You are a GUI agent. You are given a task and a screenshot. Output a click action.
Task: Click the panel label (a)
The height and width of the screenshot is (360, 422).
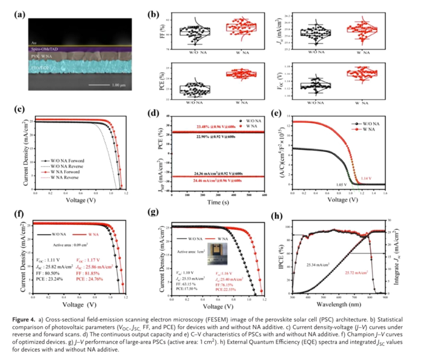[19, 11]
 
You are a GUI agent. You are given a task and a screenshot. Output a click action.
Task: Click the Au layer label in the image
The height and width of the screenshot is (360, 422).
[34, 43]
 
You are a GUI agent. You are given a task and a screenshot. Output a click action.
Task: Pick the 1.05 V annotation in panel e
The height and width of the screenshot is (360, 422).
[341, 183]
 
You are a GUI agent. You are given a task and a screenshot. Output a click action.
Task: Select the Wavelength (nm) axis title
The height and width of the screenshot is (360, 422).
[342, 305]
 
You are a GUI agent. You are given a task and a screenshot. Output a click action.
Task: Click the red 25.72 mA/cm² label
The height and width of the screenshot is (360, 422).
[357, 273]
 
